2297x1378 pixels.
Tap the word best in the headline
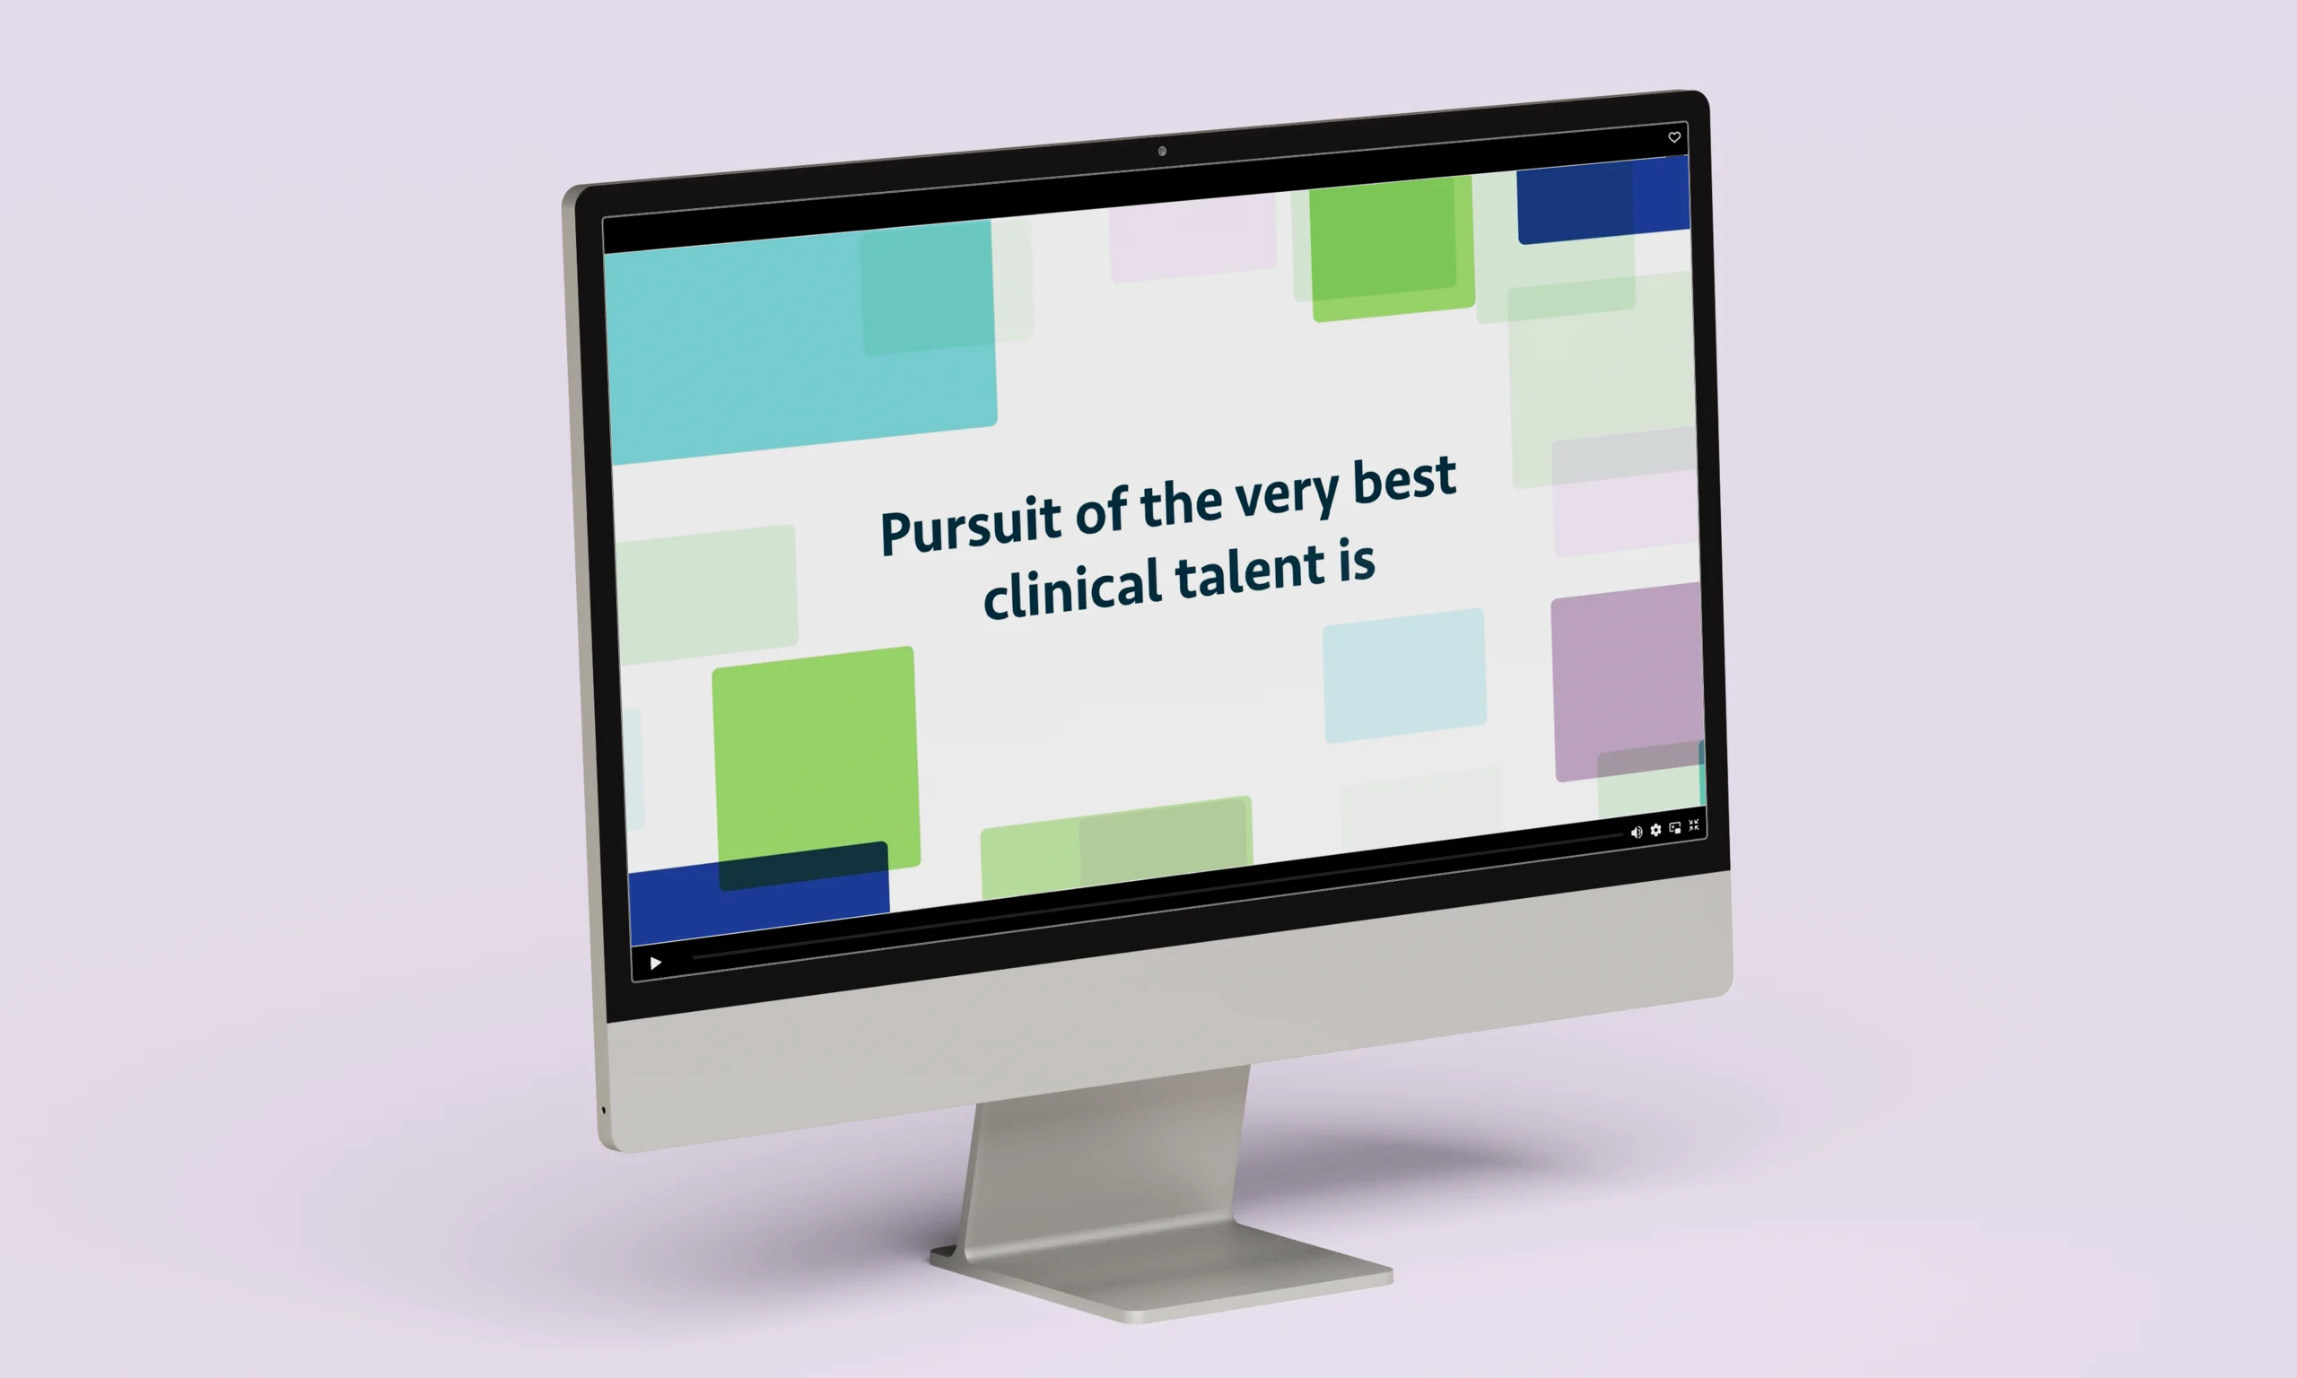(x=1404, y=480)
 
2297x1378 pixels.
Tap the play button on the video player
(x=656, y=963)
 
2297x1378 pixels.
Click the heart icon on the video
(x=1674, y=137)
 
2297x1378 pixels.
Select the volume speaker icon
(x=1636, y=832)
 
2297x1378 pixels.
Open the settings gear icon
(x=1655, y=830)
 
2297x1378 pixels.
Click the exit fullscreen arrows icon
(x=1693, y=824)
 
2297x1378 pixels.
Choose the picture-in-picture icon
(x=1675, y=827)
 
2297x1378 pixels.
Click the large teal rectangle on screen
(x=800, y=342)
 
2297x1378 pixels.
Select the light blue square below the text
(x=1405, y=675)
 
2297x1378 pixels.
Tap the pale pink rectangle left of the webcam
(x=1193, y=237)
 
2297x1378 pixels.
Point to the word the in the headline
(x=1181, y=503)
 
